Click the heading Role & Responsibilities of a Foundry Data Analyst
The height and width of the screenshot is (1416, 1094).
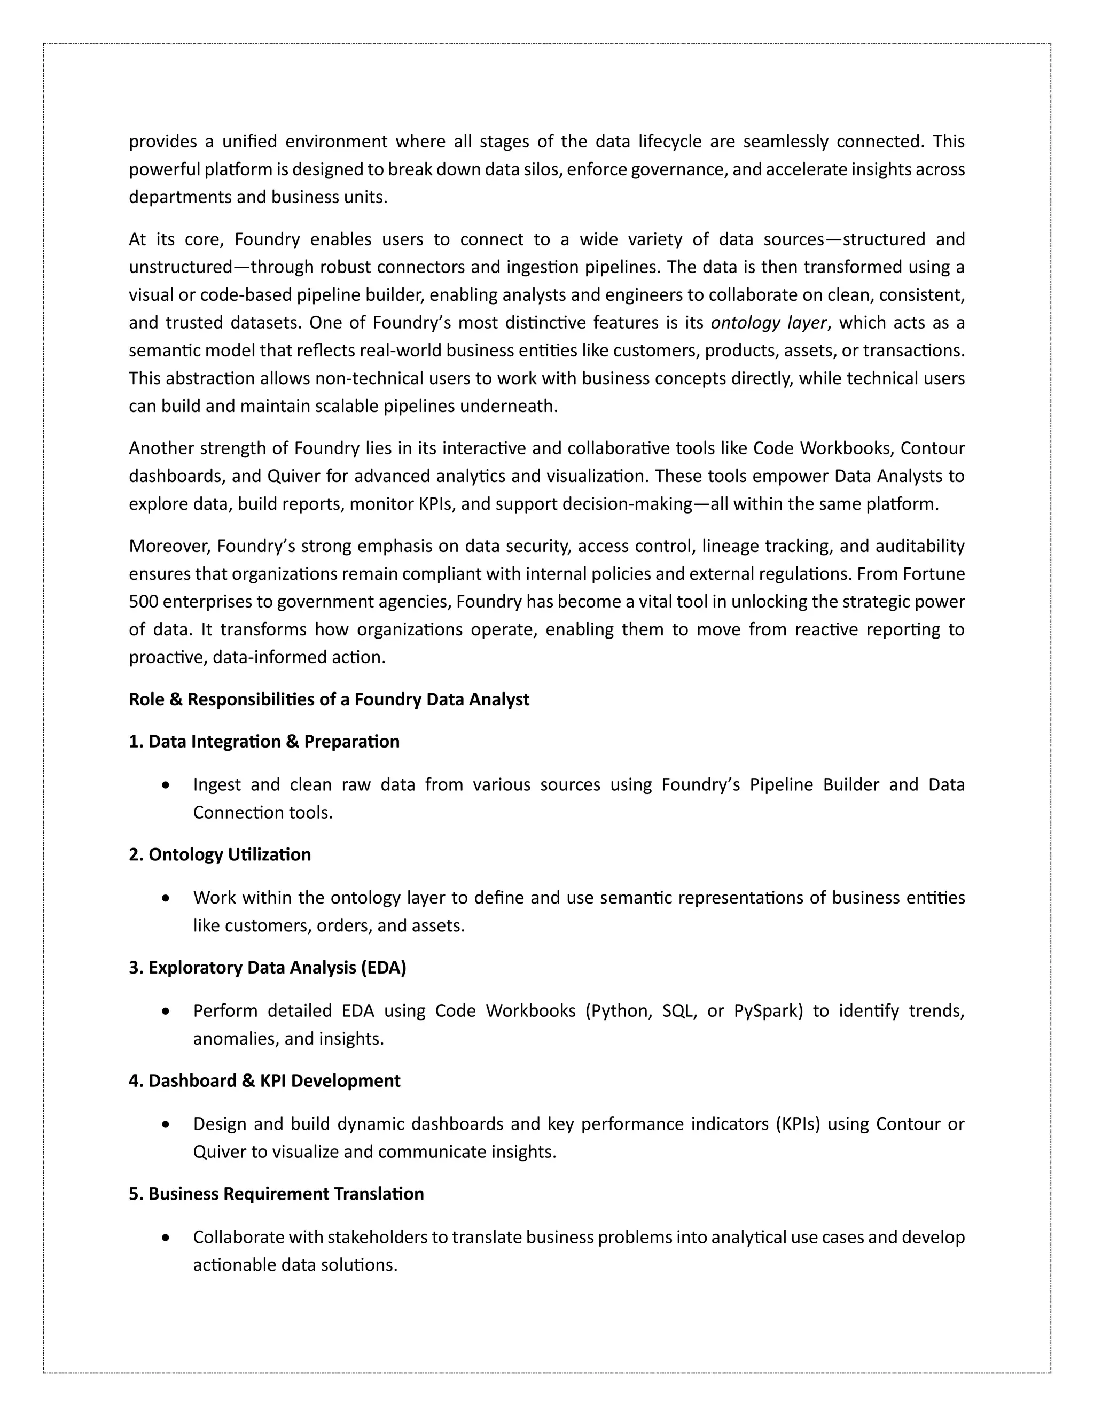(329, 699)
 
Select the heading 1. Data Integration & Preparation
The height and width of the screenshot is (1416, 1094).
(264, 742)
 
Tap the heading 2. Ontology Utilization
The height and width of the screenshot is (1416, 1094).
(220, 854)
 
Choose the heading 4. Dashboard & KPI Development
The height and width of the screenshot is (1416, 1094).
(264, 1081)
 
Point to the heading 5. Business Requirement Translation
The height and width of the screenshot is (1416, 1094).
(276, 1194)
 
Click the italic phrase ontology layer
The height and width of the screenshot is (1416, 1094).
(769, 323)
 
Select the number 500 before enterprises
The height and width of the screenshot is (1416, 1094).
(143, 602)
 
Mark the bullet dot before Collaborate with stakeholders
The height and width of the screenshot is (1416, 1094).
(167, 1238)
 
